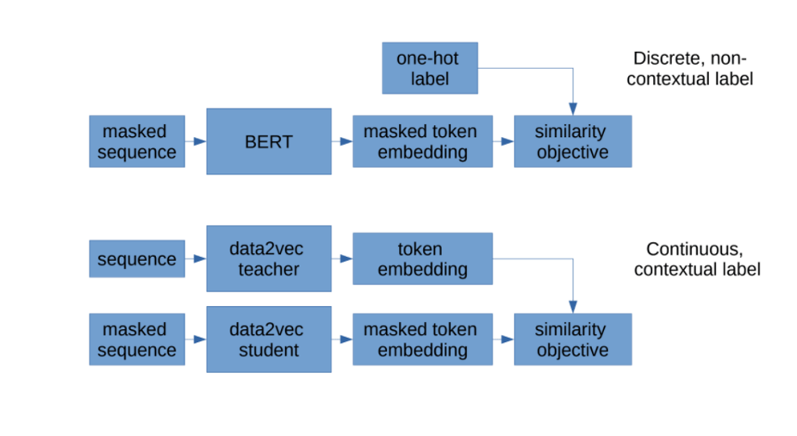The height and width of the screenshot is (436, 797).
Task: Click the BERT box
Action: (269, 141)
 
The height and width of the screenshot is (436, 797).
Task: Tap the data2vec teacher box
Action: (269, 259)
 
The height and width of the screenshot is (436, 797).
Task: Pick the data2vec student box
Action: (269, 339)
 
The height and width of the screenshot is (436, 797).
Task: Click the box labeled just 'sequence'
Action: (137, 259)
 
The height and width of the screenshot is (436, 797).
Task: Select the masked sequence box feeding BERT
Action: (137, 141)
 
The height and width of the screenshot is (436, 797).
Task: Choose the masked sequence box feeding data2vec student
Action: (137, 339)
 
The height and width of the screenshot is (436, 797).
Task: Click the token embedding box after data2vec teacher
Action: (422, 259)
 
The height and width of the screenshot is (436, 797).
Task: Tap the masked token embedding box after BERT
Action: (422, 141)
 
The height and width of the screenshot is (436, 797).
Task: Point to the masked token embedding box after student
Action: (422, 339)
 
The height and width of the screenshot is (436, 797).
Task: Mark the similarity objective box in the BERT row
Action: (572, 141)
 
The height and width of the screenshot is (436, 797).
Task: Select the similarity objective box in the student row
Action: (572, 339)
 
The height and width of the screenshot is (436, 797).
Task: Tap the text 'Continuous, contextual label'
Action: (696, 259)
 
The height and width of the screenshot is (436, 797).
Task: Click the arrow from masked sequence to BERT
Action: (196, 141)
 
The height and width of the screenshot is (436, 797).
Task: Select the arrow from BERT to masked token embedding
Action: (342, 141)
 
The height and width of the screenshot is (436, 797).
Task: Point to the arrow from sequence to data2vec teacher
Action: (196, 259)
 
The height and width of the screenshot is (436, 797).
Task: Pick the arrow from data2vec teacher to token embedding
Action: (342, 259)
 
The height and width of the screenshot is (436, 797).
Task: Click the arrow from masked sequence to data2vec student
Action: (196, 339)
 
